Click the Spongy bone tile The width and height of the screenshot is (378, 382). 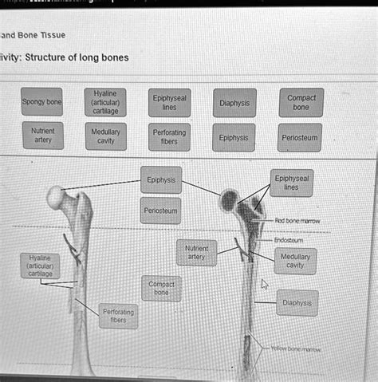tap(41, 102)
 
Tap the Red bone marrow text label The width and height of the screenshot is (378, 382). tap(297, 219)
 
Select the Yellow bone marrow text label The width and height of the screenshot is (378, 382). tap(295, 349)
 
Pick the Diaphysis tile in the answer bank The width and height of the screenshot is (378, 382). tap(234, 103)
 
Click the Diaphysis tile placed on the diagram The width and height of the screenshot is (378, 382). tap(297, 302)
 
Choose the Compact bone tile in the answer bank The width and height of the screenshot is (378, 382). tap(301, 102)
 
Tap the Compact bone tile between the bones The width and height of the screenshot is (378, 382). tap(161, 288)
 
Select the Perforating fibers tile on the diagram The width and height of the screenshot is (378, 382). tap(117, 316)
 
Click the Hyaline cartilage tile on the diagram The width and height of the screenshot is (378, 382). tap(40, 266)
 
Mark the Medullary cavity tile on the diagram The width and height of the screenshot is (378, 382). tap(294, 261)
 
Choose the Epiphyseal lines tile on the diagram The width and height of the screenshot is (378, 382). tap(291, 183)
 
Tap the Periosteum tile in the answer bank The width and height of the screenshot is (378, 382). tap(301, 137)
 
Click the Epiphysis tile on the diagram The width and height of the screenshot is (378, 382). tap(161, 179)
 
